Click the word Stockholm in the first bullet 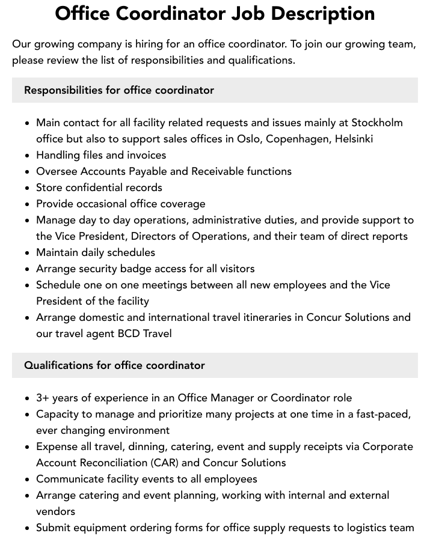[x=377, y=123]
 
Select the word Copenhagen [x=298, y=139]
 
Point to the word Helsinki [x=353, y=139]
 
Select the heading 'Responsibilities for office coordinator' [x=119, y=90]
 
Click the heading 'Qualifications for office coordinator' [x=114, y=365]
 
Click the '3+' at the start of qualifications [x=43, y=398]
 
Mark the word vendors [x=56, y=511]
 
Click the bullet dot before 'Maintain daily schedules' [x=28, y=253]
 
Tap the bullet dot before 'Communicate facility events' [x=28, y=479]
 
